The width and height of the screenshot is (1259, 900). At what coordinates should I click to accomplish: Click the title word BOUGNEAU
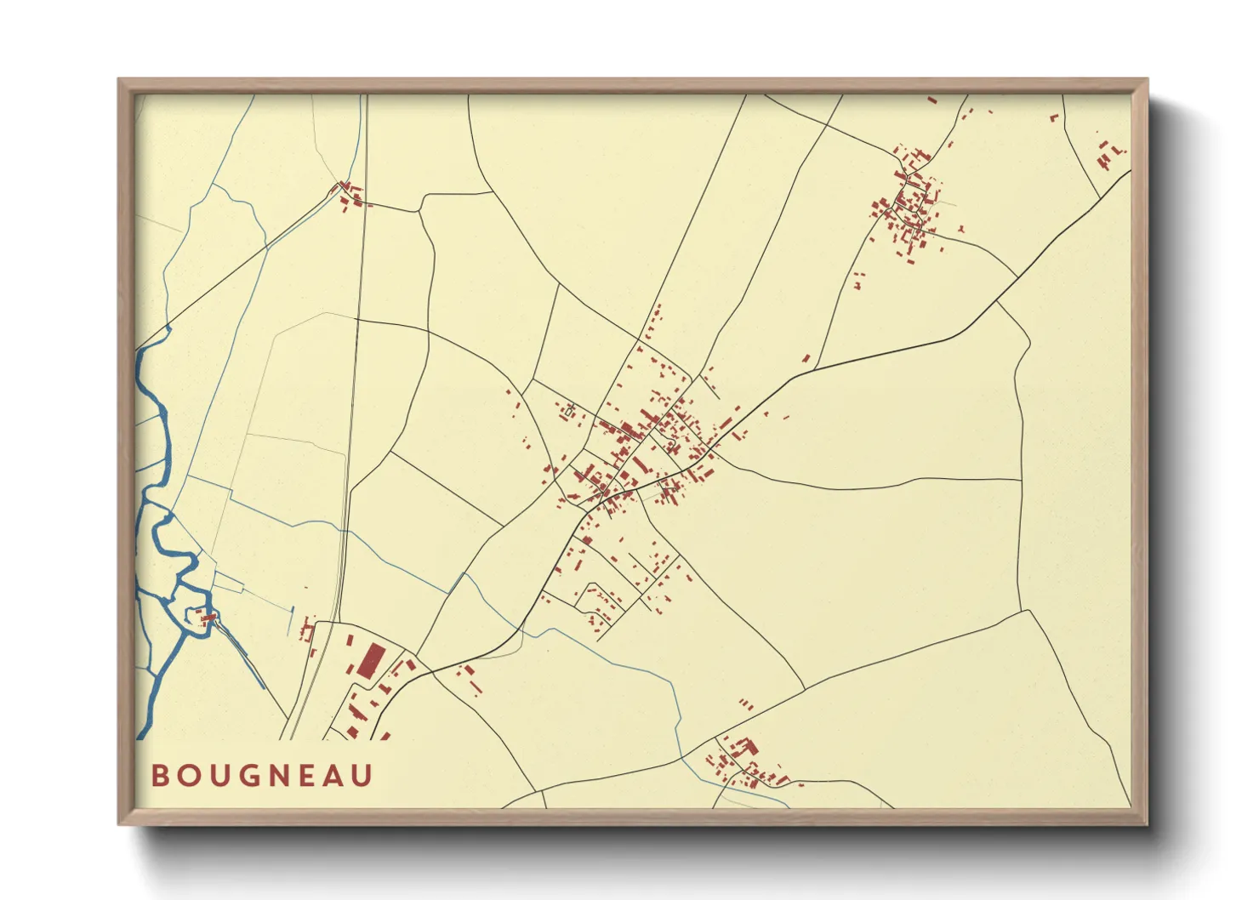pyautogui.click(x=262, y=776)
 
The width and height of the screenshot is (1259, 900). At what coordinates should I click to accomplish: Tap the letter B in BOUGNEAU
pyautogui.click(x=159, y=776)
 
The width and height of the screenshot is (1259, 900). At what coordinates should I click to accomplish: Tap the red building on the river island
pyautogui.click(x=206, y=618)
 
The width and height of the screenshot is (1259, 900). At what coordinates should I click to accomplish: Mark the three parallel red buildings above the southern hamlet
pyautogui.click(x=745, y=704)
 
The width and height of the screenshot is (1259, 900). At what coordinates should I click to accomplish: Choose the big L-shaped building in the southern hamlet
pyautogui.click(x=745, y=748)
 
